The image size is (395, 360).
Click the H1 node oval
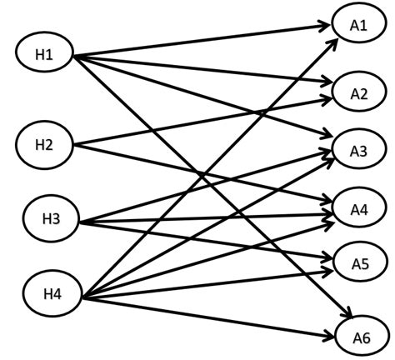click(44, 55)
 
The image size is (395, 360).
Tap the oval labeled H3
click(50, 220)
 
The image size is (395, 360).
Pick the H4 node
click(53, 293)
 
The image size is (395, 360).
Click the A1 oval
click(358, 25)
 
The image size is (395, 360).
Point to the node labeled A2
click(359, 92)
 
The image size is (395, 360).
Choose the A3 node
click(359, 150)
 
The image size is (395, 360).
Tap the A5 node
click(359, 265)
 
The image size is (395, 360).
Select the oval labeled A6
click(359, 337)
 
